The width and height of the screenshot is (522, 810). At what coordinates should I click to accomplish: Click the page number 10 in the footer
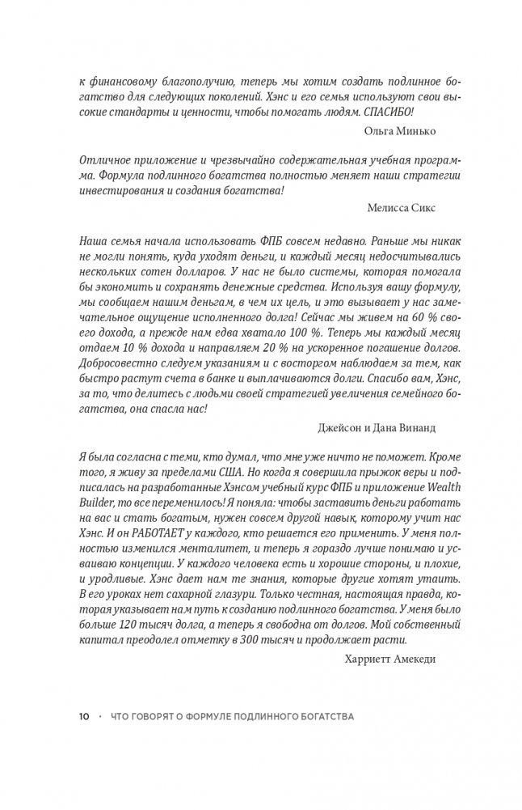click(85, 718)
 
